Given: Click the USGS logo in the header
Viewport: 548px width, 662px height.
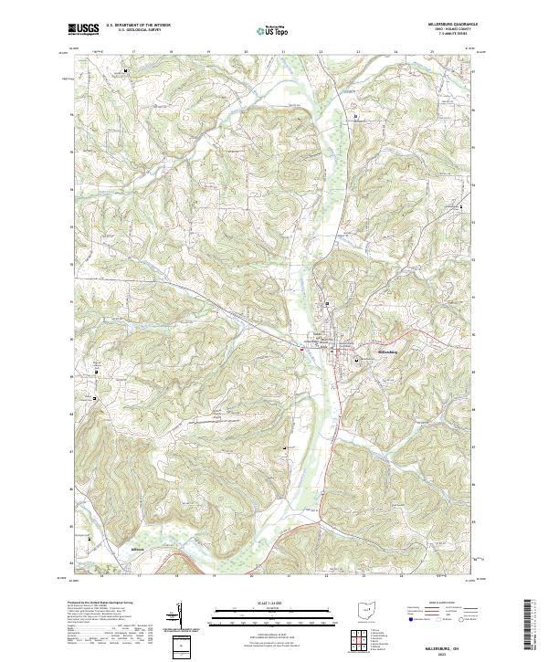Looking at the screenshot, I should [84, 29].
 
